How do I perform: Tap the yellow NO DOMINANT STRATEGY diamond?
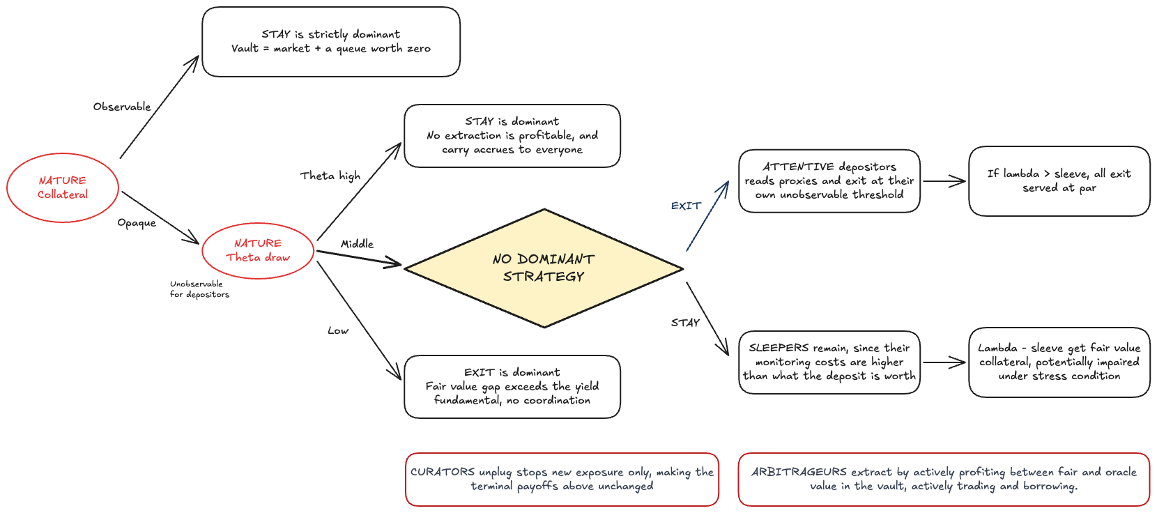(x=544, y=268)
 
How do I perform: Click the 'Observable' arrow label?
(x=122, y=107)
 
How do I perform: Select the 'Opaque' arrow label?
(x=137, y=222)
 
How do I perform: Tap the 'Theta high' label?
(x=330, y=176)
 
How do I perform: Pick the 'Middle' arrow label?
(x=357, y=244)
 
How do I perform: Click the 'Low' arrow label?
(x=338, y=330)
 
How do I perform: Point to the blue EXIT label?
(x=686, y=206)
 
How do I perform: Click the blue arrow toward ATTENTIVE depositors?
(x=707, y=216)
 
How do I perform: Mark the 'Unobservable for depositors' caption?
(x=199, y=289)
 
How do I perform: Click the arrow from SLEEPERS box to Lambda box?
(x=944, y=362)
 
